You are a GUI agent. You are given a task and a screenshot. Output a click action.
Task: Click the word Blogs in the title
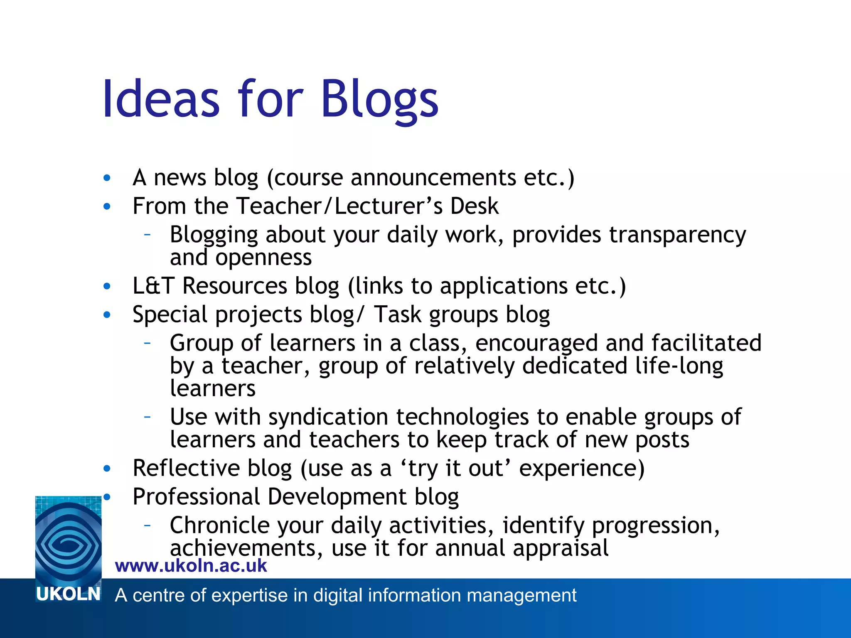pyautogui.click(x=379, y=100)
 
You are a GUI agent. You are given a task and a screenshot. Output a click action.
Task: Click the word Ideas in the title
pyautogui.click(x=161, y=100)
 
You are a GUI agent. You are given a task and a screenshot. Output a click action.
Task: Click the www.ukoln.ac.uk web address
pyautogui.click(x=191, y=566)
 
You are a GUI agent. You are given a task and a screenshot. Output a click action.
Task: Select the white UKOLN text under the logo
pyautogui.click(x=69, y=594)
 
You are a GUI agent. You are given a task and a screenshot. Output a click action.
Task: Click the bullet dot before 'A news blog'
pyautogui.click(x=107, y=178)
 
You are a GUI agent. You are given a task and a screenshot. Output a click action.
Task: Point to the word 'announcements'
pyautogui.click(x=433, y=178)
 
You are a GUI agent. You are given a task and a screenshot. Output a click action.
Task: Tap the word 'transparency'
pyautogui.click(x=677, y=235)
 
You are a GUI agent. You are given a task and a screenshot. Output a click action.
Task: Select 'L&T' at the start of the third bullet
pyautogui.click(x=152, y=286)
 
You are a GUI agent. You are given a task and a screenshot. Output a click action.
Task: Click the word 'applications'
pyautogui.click(x=504, y=287)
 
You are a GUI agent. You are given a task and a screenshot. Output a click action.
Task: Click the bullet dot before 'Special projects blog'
pyautogui.click(x=107, y=315)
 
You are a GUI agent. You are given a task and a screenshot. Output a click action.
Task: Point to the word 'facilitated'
pyautogui.click(x=706, y=343)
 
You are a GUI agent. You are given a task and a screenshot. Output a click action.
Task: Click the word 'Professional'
pyautogui.click(x=196, y=497)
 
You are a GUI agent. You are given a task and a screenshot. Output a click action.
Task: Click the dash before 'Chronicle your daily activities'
pyautogui.click(x=147, y=525)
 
